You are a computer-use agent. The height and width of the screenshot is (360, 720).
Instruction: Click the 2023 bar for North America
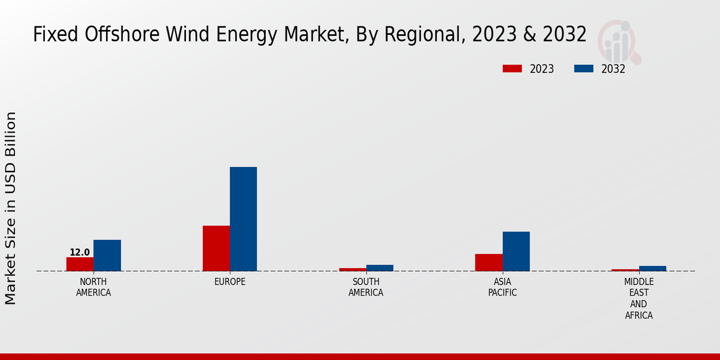point(80,264)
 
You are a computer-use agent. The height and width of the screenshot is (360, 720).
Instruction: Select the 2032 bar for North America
point(107,256)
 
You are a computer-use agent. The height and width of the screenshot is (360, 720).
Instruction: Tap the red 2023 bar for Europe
point(216,248)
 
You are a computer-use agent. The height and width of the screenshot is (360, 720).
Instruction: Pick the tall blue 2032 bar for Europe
point(243,219)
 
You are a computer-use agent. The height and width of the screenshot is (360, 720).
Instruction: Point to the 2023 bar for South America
point(352,269)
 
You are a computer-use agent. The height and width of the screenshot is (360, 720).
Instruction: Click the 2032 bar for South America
point(380,268)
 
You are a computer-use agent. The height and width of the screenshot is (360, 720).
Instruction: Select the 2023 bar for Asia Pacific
point(488,262)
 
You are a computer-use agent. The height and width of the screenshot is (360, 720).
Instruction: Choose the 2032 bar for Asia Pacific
point(516,251)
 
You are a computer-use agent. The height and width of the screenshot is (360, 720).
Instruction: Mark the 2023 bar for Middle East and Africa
point(625,270)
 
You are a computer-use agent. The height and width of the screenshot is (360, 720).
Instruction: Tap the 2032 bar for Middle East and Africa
point(652,268)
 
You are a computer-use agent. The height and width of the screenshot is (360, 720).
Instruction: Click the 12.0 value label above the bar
point(80,253)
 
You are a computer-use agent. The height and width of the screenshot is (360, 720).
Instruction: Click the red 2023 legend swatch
point(512,69)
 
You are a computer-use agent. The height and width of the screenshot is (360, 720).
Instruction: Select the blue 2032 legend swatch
point(584,69)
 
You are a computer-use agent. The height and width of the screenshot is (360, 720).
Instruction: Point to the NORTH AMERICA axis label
point(94,287)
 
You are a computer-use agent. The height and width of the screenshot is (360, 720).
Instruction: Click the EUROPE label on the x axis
point(230,282)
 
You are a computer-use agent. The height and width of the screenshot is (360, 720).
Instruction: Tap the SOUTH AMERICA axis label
point(366,287)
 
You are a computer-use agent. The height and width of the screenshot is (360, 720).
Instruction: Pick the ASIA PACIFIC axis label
point(502,287)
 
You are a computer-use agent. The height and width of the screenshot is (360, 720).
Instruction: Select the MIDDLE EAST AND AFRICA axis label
point(638,298)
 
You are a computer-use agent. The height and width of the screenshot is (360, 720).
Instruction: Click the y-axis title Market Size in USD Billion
point(11,208)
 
